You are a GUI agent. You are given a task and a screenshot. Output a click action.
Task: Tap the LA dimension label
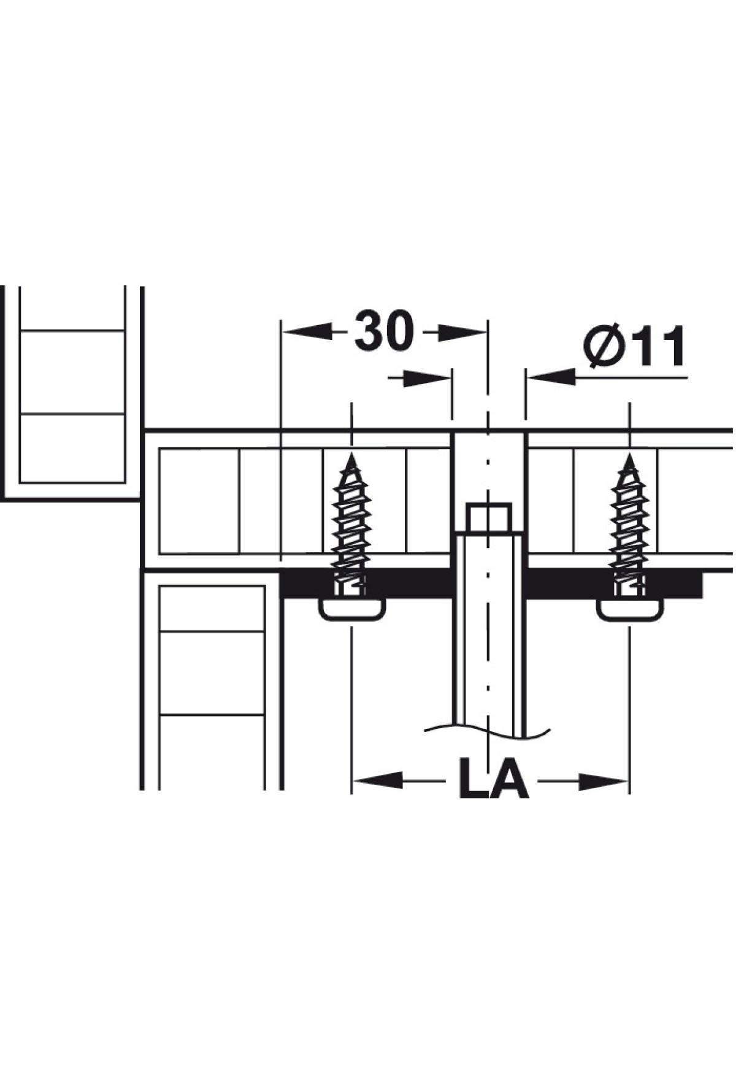[494, 779]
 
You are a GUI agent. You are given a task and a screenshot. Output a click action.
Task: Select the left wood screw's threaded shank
[351, 528]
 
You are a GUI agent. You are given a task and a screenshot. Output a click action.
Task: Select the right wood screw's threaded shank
[629, 528]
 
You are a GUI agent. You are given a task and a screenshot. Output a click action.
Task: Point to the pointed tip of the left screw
[351, 455]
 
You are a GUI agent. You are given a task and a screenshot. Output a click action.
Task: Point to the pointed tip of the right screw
[629, 455]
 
